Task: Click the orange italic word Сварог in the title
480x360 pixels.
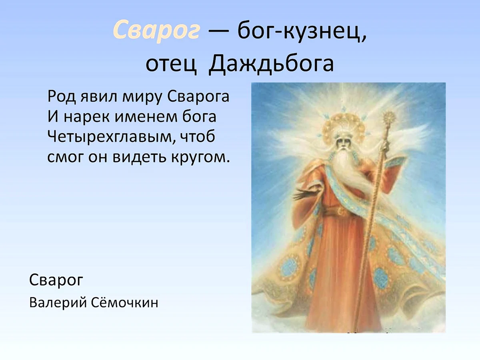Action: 156,31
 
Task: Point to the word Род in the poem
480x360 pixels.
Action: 62,97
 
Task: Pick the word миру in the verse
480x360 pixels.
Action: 142,97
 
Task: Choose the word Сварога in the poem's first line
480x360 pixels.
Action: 198,97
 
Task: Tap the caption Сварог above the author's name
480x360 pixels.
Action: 56,280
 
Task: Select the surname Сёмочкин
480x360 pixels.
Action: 125,302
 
